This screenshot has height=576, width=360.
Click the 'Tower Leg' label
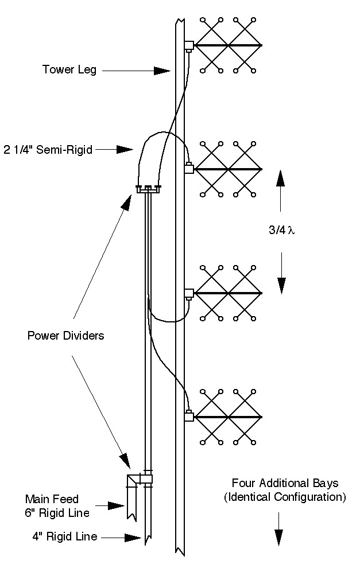69,70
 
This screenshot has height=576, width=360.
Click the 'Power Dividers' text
66,335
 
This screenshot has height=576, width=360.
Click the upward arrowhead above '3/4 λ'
281,178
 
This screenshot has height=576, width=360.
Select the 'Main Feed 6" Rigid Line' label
57,506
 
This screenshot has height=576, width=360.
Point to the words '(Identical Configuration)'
285,497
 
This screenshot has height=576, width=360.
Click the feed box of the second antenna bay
189,169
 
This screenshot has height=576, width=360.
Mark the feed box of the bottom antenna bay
189,417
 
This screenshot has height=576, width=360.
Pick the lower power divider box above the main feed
140,479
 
